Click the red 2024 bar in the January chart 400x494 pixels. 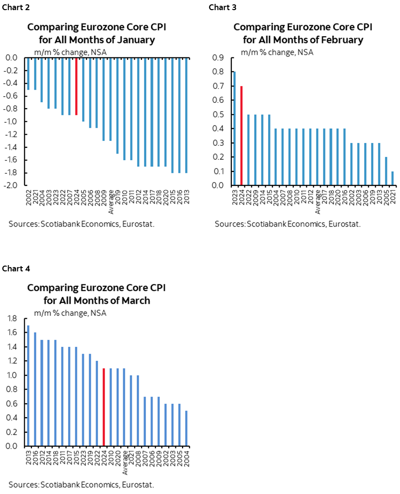point(76,86)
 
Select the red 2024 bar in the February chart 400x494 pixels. point(241,135)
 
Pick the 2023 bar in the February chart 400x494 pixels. point(234,128)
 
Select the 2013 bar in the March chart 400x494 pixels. point(28,386)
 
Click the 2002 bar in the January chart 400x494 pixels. point(28,74)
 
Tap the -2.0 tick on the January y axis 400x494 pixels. point(11,185)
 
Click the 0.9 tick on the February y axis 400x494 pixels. point(217,58)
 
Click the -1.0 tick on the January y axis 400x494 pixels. point(11,122)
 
